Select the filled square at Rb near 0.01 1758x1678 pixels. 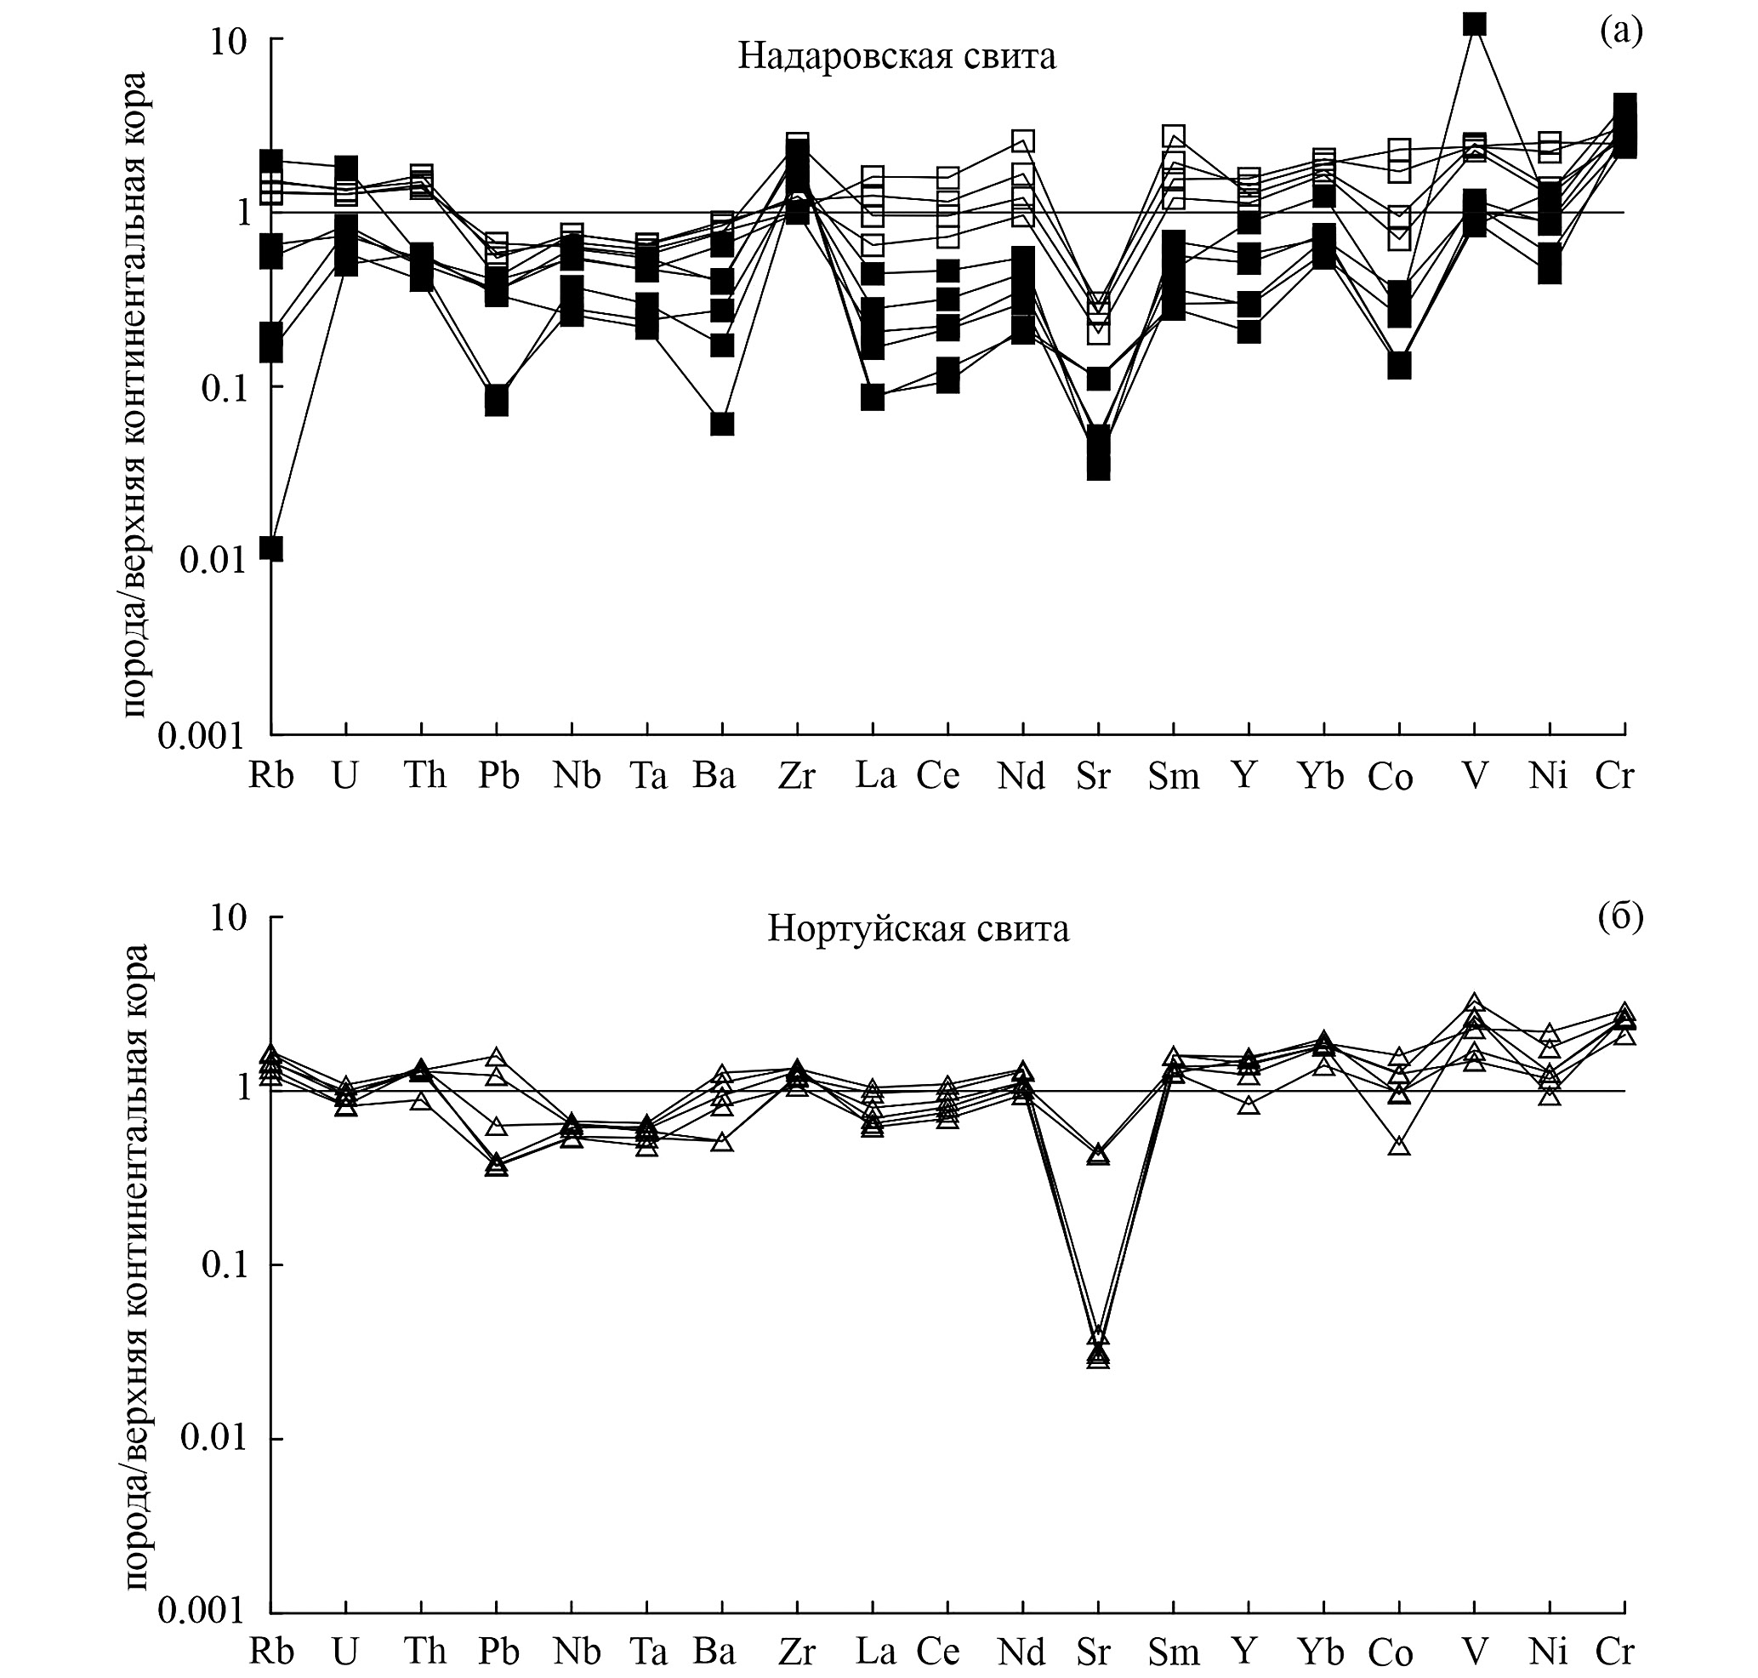pyautogui.click(x=271, y=548)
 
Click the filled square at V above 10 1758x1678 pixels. pyautogui.click(x=1475, y=23)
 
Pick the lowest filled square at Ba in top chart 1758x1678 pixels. pyautogui.click(x=723, y=424)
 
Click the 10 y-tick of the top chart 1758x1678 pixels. pyautogui.click(x=228, y=42)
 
